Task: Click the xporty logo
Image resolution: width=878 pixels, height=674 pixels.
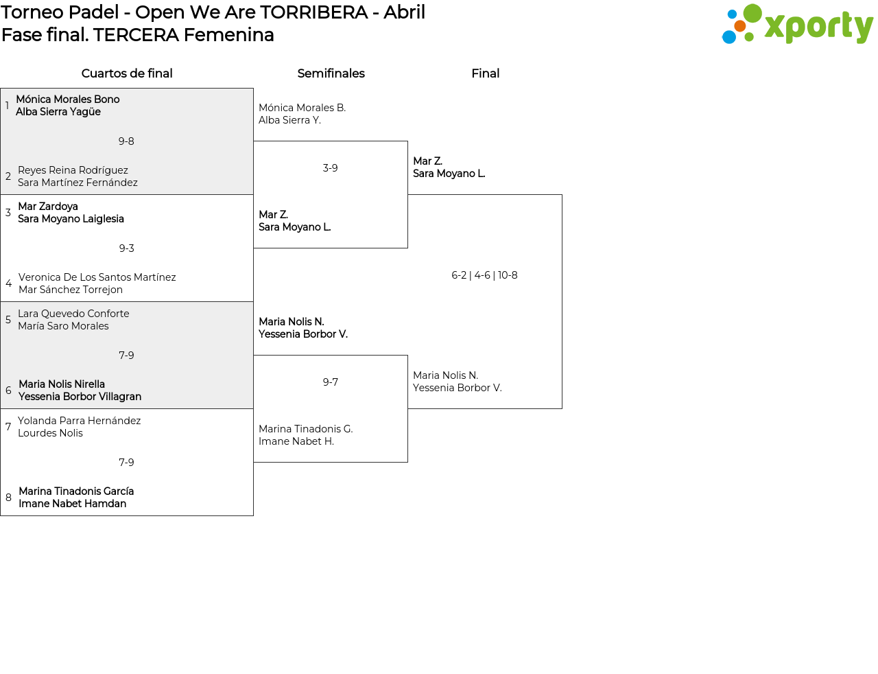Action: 797,25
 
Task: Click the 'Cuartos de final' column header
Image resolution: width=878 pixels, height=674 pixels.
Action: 127,73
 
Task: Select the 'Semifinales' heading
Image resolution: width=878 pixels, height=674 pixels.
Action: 331,73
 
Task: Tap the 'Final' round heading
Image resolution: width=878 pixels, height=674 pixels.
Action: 485,73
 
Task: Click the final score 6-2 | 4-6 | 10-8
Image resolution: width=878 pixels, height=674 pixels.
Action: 484,275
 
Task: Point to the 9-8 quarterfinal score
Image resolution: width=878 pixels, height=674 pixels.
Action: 126,141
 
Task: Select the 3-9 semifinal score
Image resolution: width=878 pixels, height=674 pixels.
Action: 330,168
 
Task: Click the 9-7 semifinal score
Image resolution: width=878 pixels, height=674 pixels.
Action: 330,382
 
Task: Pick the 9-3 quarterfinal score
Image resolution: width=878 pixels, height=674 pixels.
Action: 126,248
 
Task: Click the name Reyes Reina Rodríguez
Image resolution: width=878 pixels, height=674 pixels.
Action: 73,170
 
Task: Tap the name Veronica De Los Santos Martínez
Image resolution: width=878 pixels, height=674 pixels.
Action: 97,277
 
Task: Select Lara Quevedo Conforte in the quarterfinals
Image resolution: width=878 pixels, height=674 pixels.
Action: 73,314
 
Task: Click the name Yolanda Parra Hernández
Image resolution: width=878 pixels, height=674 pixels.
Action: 79,421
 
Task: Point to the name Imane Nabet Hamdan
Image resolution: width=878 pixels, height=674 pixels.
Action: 72,504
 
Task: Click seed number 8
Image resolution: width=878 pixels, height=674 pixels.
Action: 8,498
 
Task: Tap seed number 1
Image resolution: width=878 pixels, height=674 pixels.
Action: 7,106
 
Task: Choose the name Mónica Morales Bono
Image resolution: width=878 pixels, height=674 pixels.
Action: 67,100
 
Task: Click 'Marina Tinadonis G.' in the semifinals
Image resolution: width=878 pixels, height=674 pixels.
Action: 305,429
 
